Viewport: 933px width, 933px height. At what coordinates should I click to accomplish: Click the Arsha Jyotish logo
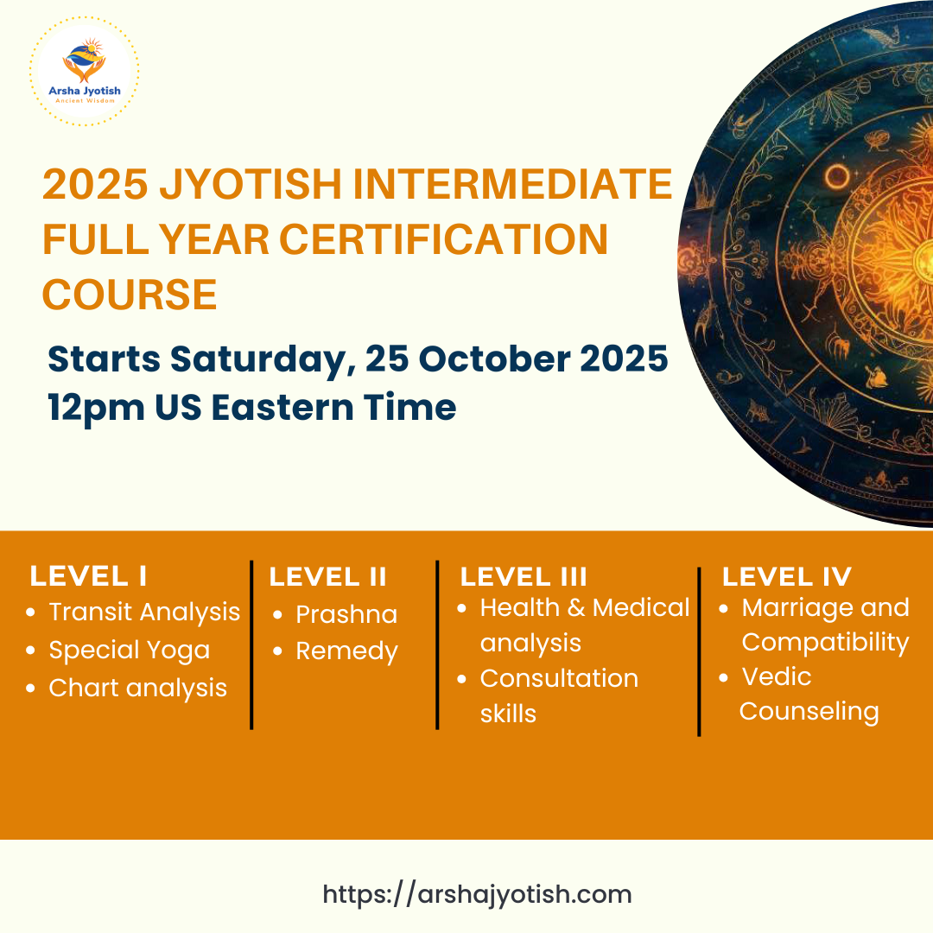point(85,71)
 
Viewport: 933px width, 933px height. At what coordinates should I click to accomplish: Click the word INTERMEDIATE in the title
point(512,184)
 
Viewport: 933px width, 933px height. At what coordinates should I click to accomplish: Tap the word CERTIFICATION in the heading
point(444,239)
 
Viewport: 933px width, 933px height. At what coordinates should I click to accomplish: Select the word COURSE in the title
point(130,295)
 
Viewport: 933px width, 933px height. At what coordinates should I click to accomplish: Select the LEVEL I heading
point(89,576)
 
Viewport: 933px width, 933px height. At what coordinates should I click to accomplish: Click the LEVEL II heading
point(328,576)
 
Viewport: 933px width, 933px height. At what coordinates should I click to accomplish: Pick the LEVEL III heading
point(524,576)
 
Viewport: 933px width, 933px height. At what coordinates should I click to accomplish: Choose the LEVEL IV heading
point(787,576)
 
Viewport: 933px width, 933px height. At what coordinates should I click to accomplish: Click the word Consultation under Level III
point(559,678)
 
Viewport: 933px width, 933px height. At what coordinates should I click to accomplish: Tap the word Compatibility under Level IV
point(825,644)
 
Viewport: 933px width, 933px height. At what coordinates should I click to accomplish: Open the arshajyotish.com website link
point(477,895)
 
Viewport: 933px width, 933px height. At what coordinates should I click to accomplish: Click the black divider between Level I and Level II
point(251,645)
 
